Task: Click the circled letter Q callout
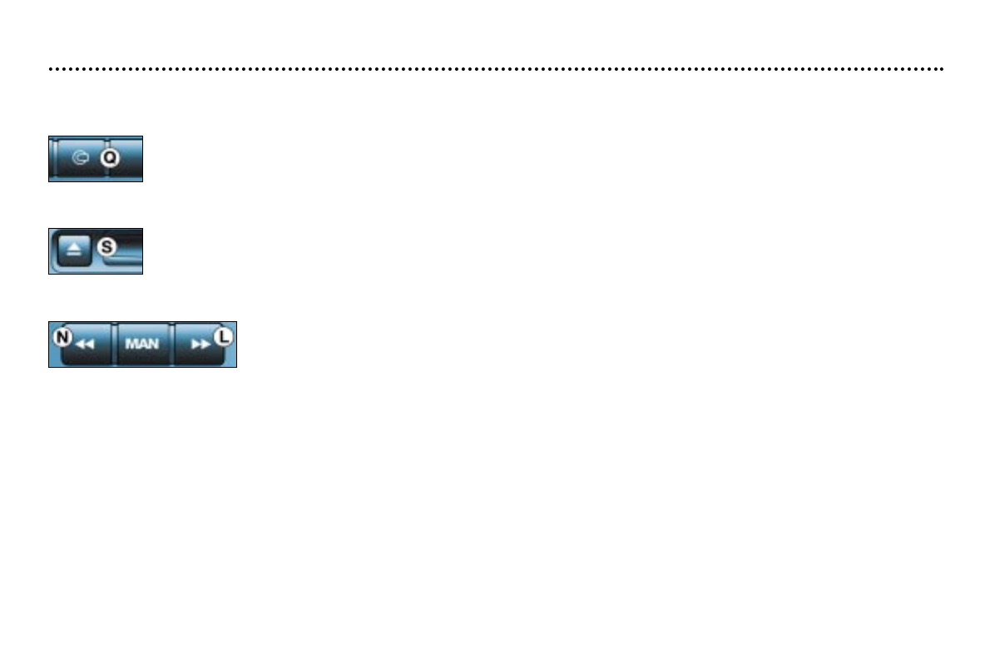coord(110,157)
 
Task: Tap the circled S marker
coord(106,246)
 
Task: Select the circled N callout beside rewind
coord(62,338)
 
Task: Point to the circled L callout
coord(224,338)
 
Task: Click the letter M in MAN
coord(131,344)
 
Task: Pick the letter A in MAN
coord(141,344)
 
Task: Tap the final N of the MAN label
coord(152,344)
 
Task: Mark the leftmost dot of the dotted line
coord(51,69)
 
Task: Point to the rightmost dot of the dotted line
coord(942,69)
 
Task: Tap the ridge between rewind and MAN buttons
coord(114,344)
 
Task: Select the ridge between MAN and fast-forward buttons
coord(173,344)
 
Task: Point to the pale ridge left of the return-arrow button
coord(54,158)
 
